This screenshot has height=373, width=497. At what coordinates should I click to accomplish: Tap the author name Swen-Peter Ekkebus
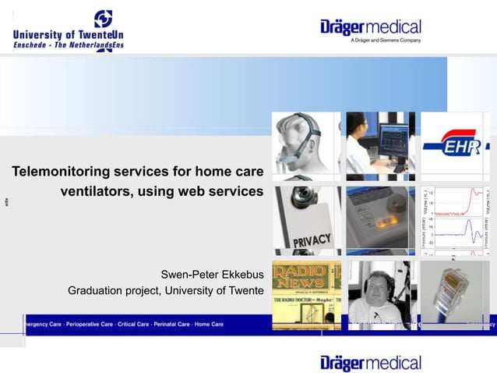pos(212,275)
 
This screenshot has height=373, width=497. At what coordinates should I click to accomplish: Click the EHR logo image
pos(455,146)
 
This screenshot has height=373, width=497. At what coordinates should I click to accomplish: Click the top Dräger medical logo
pos(371,28)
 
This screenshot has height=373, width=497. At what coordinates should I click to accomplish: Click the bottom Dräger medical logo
pos(371,362)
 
